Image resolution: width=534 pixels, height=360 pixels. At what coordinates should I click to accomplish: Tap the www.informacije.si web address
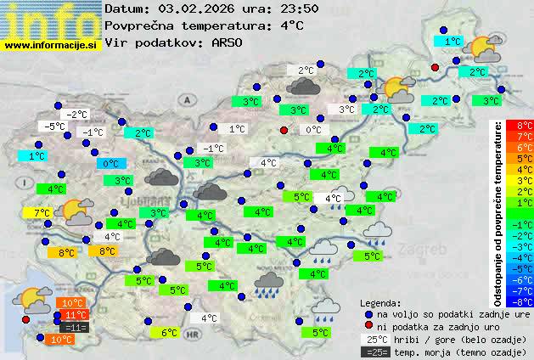(x=51, y=45)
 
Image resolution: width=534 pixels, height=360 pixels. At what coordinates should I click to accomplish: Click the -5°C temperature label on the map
(x=56, y=127)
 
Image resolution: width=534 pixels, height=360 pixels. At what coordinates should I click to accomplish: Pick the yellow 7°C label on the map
(x=41, y=212)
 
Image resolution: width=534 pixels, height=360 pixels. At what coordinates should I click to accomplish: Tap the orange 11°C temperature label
(x=70, y=314)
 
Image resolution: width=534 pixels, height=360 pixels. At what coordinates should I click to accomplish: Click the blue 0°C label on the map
(x=110, y=163)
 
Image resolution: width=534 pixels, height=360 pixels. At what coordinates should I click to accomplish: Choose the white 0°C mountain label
(x=313, y=130)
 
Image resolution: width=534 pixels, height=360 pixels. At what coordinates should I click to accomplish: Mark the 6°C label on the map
(x=169, y=333)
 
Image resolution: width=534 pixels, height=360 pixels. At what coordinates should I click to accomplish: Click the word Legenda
(x=380, y=302)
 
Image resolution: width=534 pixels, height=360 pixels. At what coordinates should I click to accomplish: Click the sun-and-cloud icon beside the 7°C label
(x=77, y=211)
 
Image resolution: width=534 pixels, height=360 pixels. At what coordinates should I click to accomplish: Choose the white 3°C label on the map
(x=346, y=110)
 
